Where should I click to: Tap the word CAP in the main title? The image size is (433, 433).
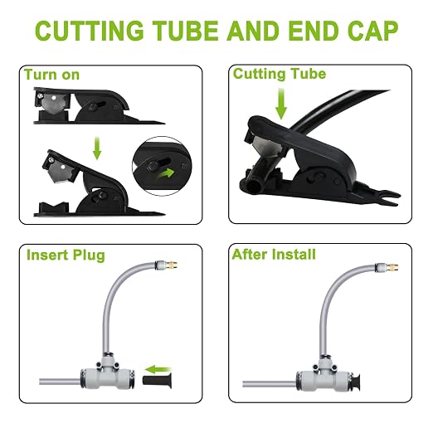click(x=372, y=31)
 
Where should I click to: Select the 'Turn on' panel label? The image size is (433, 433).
click(x=51, y=75)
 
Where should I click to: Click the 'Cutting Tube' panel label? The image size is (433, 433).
click(x=280, y=74)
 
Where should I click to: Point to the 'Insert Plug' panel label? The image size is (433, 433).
click(x=66, y=255)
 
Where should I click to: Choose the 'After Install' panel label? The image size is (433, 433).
click(x=274, y=255)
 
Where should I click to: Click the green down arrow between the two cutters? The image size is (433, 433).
click(x=97, y=148)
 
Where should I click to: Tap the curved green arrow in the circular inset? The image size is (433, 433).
click(x=166, y=174)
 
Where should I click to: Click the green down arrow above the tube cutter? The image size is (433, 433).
click(x=281, y=104)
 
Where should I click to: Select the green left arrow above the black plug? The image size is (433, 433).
click(x=158, y=369)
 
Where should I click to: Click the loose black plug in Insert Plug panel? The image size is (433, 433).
click(x=157, y=380)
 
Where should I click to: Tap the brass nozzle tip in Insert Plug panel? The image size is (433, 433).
click(x=173, y=265)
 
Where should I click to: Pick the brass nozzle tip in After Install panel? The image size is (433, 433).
click(x=392, y=267)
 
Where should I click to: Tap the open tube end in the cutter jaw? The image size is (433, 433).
click(x=253, y=186)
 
